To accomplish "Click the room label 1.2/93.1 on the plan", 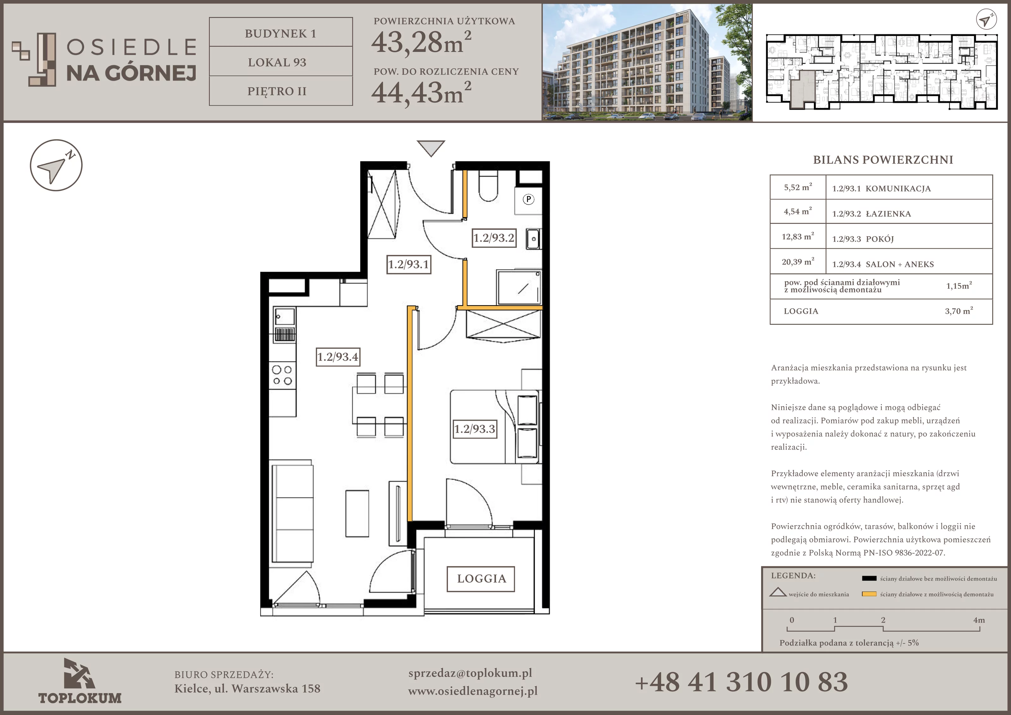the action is [x=409, y=264].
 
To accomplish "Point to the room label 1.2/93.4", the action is [x=338, y=357].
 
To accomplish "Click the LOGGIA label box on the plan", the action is [x=481, y=579].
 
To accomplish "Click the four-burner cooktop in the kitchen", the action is [x=282, y=375].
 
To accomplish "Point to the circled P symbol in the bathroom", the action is [x=528, y=199].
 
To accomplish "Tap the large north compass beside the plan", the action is [x=56, y=165].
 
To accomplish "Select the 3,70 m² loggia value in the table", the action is [x=959, y=311].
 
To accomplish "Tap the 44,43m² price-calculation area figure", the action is [x=421, y=92].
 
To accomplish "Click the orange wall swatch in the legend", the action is [x=869, y=594].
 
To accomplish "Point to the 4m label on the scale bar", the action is [x=979, y=620].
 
